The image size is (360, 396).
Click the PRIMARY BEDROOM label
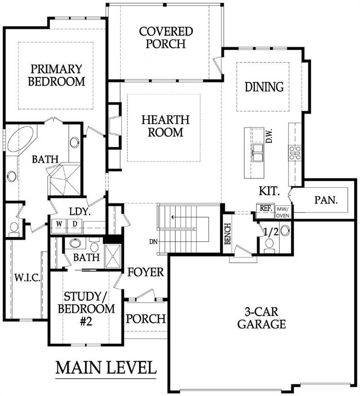click(56, 75)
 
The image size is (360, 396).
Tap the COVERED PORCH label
click(166, 38)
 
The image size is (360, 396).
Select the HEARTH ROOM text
click(166, 126)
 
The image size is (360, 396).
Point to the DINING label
click(264, 87)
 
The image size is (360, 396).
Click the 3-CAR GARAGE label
click(261, 318)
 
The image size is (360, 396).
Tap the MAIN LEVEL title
click(106, 368)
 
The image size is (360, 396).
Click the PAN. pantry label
click(326, 200)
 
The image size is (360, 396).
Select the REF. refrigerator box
click(266, 208)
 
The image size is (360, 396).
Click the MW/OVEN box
click(283, 212)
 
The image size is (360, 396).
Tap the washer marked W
click(59, 226)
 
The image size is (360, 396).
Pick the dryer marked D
click(75, 226)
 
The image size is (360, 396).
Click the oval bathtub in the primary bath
click(21, 139)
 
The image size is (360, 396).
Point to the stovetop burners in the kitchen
click(295, 153)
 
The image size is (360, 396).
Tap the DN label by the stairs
click(153, 242)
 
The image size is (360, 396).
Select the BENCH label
click(227, 234)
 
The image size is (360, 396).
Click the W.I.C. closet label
click(27, 278)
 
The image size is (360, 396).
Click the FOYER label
click(146, 272)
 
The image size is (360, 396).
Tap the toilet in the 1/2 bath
click(270, 245)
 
